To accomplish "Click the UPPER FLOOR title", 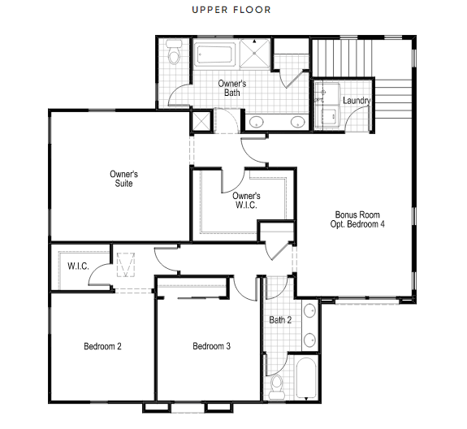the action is [231, 10].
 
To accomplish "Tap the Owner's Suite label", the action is [123, 179].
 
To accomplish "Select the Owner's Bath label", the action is [232, 88].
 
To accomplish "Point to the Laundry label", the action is [357, 101].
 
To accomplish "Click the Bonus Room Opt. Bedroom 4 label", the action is [357, 219].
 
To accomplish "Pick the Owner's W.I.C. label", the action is [246, 200].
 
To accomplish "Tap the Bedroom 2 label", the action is [102, 346].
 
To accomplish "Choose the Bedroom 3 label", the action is [211, 346].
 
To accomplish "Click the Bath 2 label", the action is [280, 320].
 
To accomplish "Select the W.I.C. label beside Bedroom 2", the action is [78, 266].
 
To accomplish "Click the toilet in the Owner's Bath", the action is [174, 52].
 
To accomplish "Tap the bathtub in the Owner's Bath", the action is [214, 54].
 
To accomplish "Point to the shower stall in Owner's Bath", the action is [254, 53].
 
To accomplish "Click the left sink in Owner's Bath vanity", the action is [256, 122].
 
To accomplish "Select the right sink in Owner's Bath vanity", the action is [298, 122].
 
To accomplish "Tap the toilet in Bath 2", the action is [277, 387].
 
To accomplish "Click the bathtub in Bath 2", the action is [306, 378].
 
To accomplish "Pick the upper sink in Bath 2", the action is [309, 310].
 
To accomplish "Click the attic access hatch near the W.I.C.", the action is [126, 265].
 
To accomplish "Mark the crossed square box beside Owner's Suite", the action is [201, 121].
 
